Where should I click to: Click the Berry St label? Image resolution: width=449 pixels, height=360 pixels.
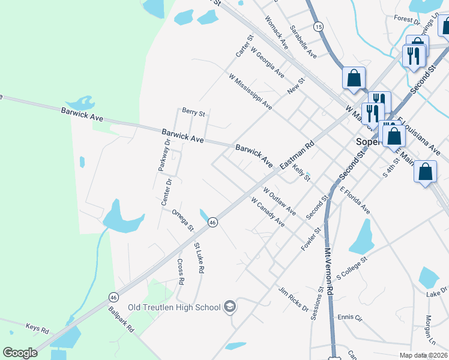(x=194, y=112)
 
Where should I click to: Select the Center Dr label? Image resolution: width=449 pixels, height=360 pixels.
(x=167, y=193)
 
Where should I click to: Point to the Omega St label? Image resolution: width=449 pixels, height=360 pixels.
(x=182, y=220)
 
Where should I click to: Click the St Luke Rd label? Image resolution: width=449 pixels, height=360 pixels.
(x=199, y=258)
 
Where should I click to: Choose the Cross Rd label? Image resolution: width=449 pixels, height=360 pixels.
(x=180, y=272)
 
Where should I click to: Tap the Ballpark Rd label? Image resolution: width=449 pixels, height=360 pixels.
(x=121, y=320)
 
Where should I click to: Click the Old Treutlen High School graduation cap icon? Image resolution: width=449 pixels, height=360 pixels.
(x=229, y=308)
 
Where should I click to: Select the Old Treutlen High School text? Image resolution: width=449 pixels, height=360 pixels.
(x=174, y=308)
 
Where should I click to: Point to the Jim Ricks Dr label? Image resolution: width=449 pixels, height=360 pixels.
(x=292, y=299)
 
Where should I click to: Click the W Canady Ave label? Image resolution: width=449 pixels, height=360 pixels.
(x=268, y=212)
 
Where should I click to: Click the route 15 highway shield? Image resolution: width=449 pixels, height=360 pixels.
(x=318, y=26)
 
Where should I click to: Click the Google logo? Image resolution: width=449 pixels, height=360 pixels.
(x=20, y=353)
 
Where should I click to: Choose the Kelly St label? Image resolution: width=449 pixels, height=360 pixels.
(x=301, y=172)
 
